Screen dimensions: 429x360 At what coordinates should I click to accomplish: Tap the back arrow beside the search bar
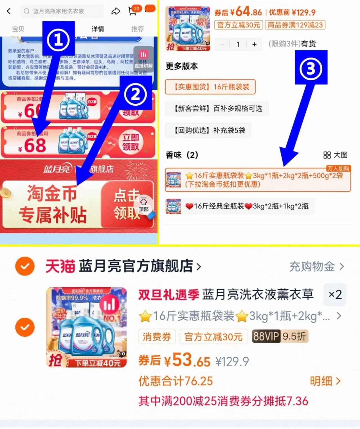pyautogui.click(x=9, y=11)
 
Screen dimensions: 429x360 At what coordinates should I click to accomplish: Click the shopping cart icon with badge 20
pyautogui.click(x=132, y=11)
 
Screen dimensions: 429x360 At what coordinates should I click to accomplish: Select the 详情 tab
pyautogui.click(x=98, y=29)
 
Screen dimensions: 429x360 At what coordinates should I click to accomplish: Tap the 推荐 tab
pyautogui.click(x=138, y=29)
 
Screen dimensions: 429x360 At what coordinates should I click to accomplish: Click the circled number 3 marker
pyautogui.click(x=311, y=68)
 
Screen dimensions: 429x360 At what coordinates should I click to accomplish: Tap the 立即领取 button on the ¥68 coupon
pyautogui.click(x=130, y=142)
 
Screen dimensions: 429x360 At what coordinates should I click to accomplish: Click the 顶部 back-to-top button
pyautogui.click(x=144, y=204)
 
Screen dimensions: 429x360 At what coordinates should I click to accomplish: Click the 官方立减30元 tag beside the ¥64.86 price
pyautogui.click(x=238, y=25)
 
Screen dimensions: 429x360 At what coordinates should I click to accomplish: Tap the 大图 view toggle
pyautogui.click(x=335, y=155)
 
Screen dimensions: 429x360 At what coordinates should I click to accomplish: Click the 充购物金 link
pyautogui.click(x=316, y=266)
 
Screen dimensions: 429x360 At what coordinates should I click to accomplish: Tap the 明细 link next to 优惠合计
pyautogui.click(x=325, y=381)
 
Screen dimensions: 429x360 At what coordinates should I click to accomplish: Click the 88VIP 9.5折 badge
pyautogui.click(x=280, y=336)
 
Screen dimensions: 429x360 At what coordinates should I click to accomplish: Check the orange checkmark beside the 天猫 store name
pyautogui.click(x=25, y=266)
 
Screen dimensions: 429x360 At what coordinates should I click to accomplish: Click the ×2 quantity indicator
pyautogui.click(x=335, y=294)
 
